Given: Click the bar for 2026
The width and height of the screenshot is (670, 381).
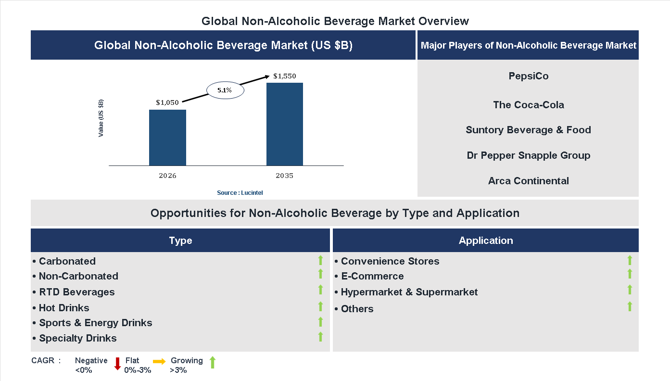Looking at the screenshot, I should pos(167,138).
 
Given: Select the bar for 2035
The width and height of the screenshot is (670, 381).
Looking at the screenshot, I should pos(285,124).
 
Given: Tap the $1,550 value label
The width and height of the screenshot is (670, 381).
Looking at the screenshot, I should pos(285,76).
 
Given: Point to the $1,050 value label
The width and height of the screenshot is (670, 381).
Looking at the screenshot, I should pos(167,102).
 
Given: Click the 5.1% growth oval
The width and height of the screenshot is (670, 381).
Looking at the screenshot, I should pos(225,90).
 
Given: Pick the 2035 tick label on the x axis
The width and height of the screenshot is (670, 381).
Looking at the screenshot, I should pos(284,176).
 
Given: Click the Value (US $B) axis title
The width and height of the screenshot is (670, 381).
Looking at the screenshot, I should pos(101,118).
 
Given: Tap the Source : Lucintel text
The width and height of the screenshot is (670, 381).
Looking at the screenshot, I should pos(240,193).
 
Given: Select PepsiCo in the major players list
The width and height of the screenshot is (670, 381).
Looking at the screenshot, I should pos(528,76).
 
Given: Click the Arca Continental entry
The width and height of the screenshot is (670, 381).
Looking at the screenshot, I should pos(528,181).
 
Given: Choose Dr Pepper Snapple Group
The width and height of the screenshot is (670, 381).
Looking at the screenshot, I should pos(528,155).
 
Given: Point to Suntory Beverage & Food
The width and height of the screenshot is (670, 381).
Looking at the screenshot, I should pos(528,130).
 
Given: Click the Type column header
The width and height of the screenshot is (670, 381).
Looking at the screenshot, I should pos(180,241).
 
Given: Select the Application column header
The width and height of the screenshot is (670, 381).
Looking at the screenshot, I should pos(486,241).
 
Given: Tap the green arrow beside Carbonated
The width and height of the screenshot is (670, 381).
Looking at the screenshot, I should pos(320,260).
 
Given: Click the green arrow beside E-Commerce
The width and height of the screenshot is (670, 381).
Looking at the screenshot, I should pos(630,274).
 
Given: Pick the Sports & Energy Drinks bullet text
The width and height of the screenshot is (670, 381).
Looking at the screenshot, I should pos(95,323).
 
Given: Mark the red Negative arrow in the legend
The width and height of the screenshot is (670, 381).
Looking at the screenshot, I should pos(117,363).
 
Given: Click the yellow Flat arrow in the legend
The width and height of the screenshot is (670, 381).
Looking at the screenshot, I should pos(159,361).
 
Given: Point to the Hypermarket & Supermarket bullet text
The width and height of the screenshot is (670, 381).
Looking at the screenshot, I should pos(409,292).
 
